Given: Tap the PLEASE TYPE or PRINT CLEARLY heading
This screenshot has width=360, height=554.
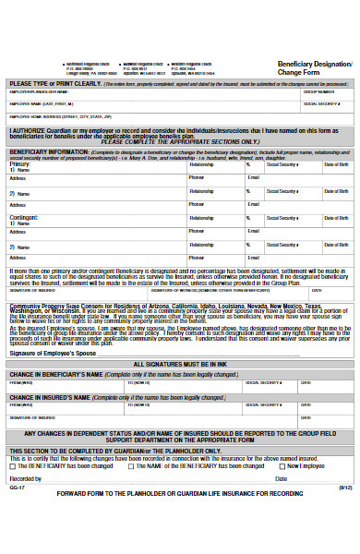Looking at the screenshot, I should click(46, 82).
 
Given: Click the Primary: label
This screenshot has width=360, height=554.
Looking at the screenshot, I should click(19, 163).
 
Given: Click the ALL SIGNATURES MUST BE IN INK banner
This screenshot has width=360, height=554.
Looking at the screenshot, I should click(179, 365).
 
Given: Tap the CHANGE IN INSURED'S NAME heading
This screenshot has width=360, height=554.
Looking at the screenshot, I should click(51, 395).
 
